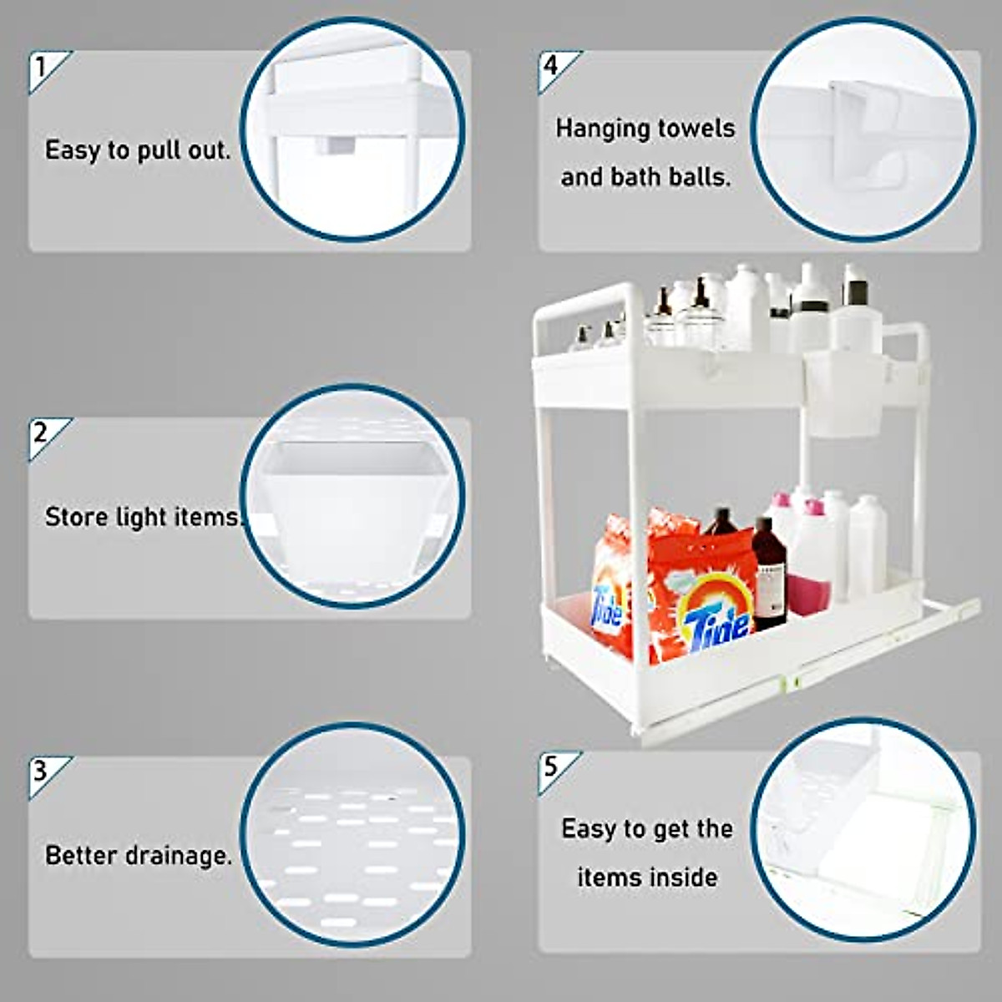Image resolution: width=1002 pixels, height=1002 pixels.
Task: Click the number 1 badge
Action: [x=42, y=66]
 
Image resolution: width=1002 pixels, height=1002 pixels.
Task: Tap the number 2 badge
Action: [x=42, y=433]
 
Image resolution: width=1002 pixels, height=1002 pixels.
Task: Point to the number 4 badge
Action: [x=551, y=65]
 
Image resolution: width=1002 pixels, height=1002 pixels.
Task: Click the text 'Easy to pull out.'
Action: [x=138, y=150]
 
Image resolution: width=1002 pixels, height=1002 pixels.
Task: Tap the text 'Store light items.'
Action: [x=142, y=517]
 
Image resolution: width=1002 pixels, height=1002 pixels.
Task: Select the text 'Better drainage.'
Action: [x=139, y=856]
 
